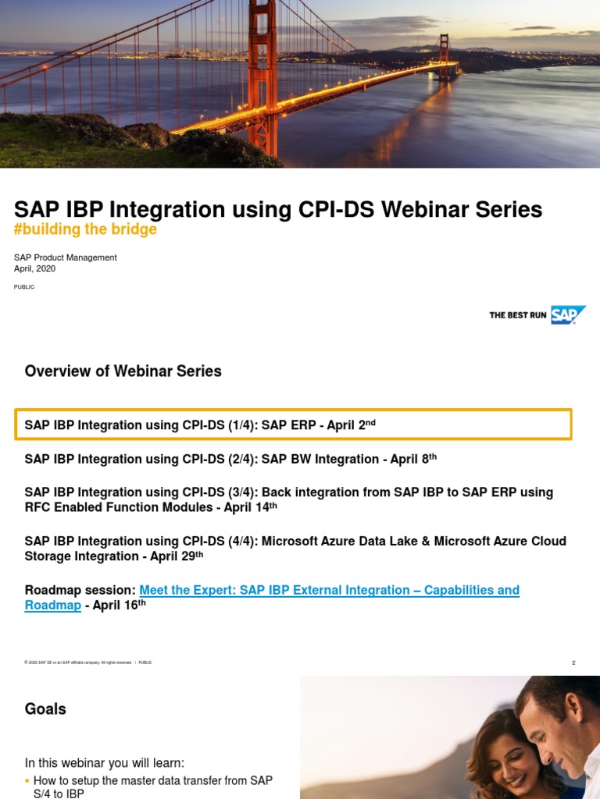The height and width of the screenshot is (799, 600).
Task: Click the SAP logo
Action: click(568, 314)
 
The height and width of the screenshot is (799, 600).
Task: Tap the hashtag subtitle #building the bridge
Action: click(86, 229)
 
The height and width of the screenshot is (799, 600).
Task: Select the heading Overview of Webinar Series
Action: click(123, 371)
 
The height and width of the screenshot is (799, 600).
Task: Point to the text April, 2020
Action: click(34, 268)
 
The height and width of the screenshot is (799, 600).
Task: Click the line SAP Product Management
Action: click(66, 257)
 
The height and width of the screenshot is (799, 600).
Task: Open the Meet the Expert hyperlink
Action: click(328, 590)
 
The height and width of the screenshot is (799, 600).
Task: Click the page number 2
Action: click(573, 662)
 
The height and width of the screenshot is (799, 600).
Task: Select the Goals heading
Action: click(45, 708)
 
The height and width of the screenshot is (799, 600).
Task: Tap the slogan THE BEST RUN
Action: click(517, 315)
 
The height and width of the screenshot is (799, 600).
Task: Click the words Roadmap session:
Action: click(80, 590)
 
